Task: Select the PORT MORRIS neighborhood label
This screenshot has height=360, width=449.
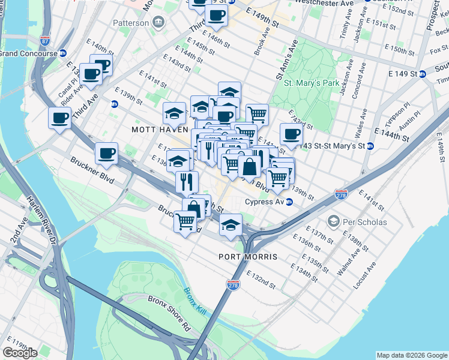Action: click(x=248, y=257)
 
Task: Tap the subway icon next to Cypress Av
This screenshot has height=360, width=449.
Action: click(x=289, y=202)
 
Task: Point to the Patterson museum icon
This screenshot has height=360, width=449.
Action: click(x=158, y=23)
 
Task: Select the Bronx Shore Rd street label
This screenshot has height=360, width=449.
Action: click(x=169, y=313)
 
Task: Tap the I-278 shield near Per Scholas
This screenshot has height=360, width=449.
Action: click(x=341, y=194)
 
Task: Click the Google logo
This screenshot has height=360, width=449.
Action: click(x=20, y=353)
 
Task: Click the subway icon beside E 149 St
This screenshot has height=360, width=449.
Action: click(x=422, y=74)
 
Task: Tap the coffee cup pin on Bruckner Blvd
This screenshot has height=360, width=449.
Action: click(x=106, y=154)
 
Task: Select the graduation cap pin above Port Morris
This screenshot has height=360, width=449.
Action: click(x=230, y=225)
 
